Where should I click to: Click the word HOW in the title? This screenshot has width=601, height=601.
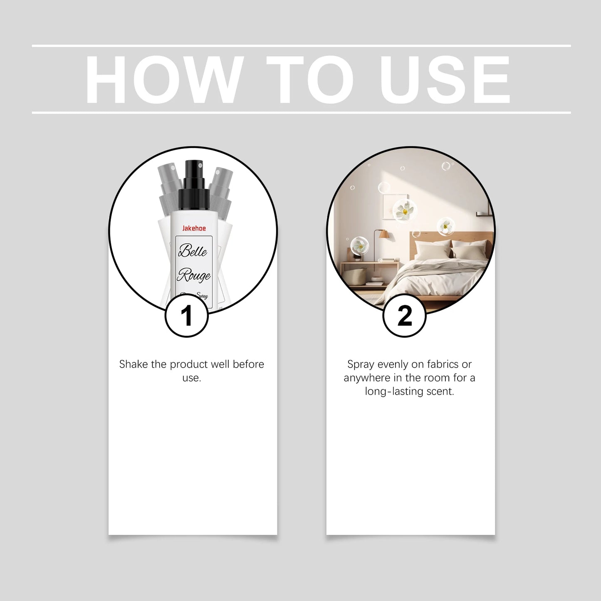click(164, 80)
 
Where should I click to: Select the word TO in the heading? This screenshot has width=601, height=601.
click(310, 80)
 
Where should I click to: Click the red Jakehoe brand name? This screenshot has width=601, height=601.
click(194, 228)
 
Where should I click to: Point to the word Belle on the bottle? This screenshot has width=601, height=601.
click(193, 251)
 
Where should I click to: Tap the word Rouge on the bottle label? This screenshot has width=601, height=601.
click(194, 275)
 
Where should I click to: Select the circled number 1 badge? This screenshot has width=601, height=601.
click(186, 316)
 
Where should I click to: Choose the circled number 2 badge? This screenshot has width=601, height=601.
click(404, 316)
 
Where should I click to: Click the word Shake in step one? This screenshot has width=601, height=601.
click(134, 364)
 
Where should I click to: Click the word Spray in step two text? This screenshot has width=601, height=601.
click(361, 365)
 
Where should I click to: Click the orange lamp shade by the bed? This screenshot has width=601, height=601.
click(384, 235)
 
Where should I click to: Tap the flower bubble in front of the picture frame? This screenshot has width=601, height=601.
click(404, 211)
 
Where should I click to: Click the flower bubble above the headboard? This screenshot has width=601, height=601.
click(445, 227)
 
